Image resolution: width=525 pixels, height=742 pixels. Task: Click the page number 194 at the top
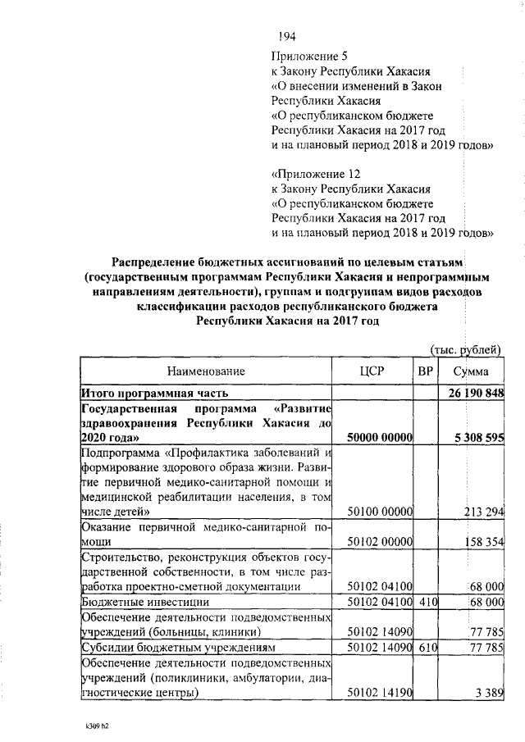pos(286,36)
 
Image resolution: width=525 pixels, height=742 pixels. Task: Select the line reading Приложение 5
pos(310,56)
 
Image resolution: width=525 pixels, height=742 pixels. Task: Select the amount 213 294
pos(482,512)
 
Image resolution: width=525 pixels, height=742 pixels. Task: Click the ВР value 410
pos(425,602)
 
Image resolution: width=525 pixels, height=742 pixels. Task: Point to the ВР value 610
pos(425,647)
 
